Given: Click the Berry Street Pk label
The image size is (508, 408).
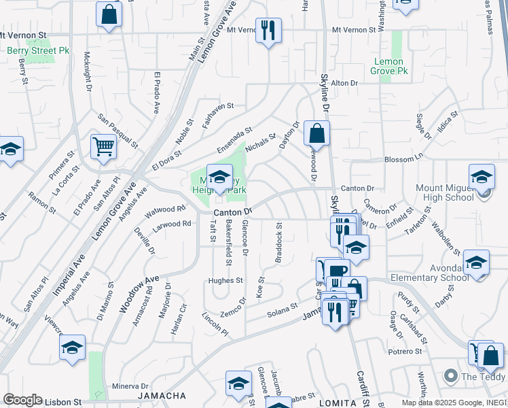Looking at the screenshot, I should click(30, 50).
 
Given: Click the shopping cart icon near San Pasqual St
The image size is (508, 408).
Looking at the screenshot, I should click(103, 146).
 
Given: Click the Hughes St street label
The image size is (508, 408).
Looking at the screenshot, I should click(225, 280).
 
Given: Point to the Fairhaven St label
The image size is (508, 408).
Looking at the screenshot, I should click(217, 106).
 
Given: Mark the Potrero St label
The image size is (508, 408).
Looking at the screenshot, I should click(405, 352).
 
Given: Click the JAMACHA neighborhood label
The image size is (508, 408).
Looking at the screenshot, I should click(162, 396).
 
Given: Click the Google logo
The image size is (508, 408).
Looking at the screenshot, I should click(23, 400).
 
